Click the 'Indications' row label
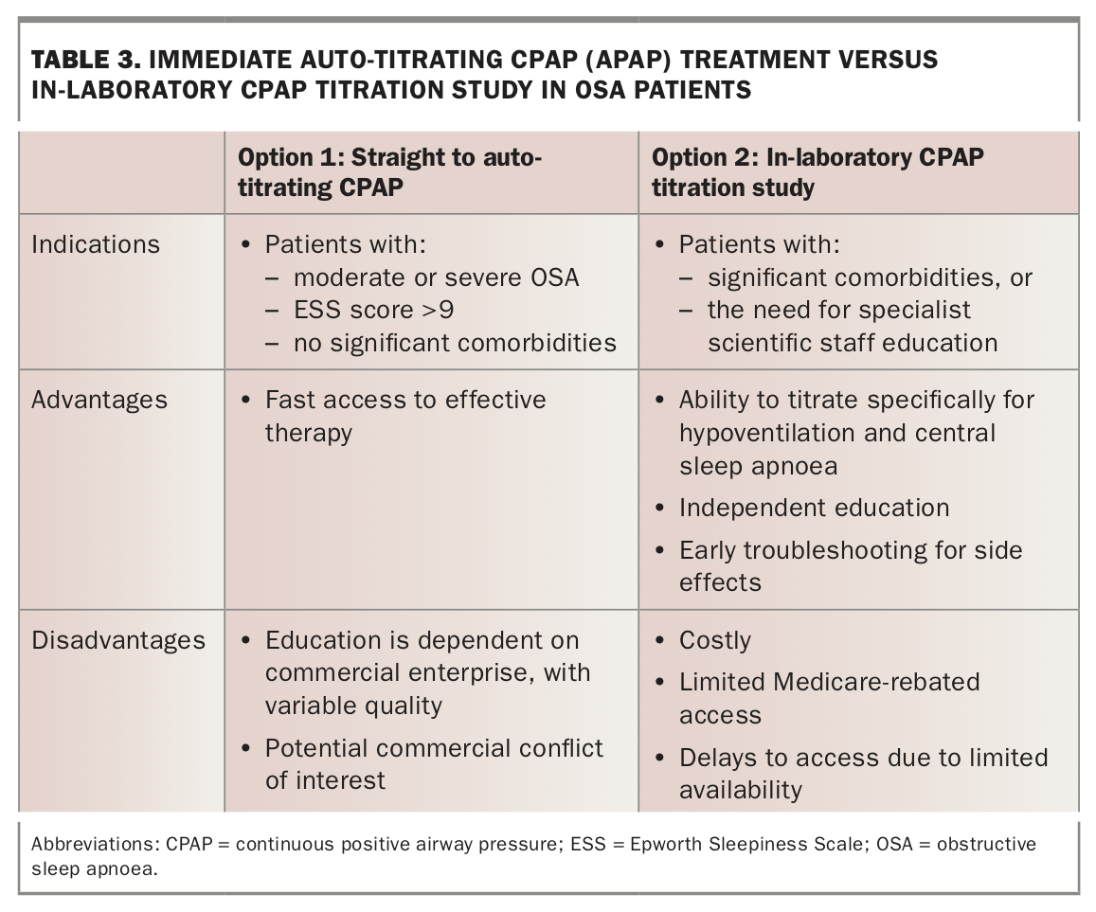pyautogui.click(x=96, y=244)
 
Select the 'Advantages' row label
pyautogui.click(x=99, y=400)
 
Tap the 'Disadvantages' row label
pyautogui.click(x=118, y=640)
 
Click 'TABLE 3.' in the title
pyautogui.click(x=84, y=61)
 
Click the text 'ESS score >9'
pyautogui.click(x=373, y=310)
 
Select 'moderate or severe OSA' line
pyautogui.click(x=436, y=277)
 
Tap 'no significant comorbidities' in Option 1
pyautogui.click(x=455, y=342)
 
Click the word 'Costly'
pyautogui.click(x=714, y=640)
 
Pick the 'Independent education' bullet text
pyautogui.click(x=814, y=508)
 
